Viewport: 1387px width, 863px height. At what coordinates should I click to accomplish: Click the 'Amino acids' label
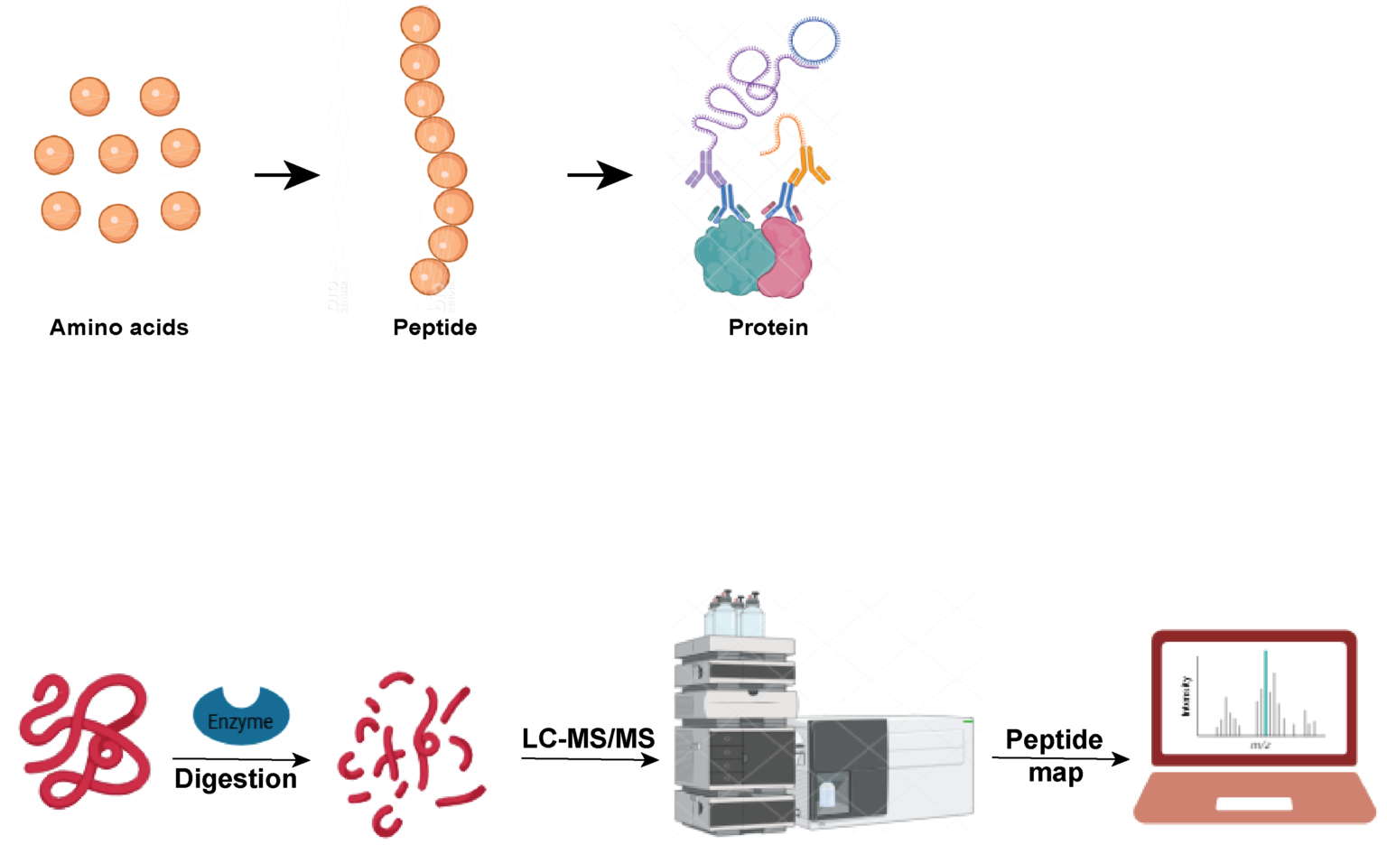coord(119,328)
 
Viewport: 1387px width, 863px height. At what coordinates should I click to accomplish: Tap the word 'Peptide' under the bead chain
coord(434,328)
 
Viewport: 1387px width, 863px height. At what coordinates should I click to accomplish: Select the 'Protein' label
coord(768,328)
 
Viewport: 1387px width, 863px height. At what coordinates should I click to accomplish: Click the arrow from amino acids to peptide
coord(287,175)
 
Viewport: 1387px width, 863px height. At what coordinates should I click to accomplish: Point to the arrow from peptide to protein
coord(600,175)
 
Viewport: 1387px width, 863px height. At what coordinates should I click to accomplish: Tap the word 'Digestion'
coord(236,779)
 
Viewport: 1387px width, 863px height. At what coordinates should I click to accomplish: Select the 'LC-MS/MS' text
coord(588,738)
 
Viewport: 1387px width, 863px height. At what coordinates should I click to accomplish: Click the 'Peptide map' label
coord(1055,756)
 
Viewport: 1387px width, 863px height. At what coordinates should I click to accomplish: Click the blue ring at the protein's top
coord(815,41)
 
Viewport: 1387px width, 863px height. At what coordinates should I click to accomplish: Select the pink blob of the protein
coord(787,258)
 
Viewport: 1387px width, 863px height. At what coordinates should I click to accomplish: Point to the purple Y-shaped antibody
coord(704,169)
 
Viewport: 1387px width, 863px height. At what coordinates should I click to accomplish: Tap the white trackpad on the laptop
coord(1254,803)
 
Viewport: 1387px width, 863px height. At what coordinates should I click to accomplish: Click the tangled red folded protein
coord(85,740)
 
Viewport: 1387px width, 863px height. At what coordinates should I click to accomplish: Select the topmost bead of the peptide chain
coord(420,25)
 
